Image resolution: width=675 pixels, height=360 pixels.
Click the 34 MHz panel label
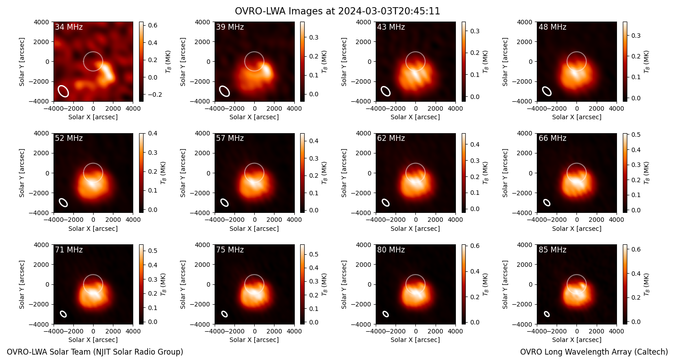click(x=69, y=27)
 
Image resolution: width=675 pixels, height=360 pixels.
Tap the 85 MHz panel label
click(x=552, y=250)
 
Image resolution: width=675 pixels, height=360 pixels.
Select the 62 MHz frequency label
click(x=391, y=138)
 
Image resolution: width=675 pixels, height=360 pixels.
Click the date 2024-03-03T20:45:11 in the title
click(x=389, y=11)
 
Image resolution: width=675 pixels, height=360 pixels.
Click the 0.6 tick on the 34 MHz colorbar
click(x=153, y=25)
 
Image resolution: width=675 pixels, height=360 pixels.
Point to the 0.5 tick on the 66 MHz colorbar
click(x=636, y=135)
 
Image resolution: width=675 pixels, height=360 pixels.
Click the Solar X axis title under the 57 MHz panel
click(x=254, y=229)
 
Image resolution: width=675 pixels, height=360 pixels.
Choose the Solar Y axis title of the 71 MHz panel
click(x=22, y=284)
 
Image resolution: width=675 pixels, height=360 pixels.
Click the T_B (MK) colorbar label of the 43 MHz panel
click(x=485, y=62)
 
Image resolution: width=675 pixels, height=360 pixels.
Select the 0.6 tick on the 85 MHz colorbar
click(x=636, y=249)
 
